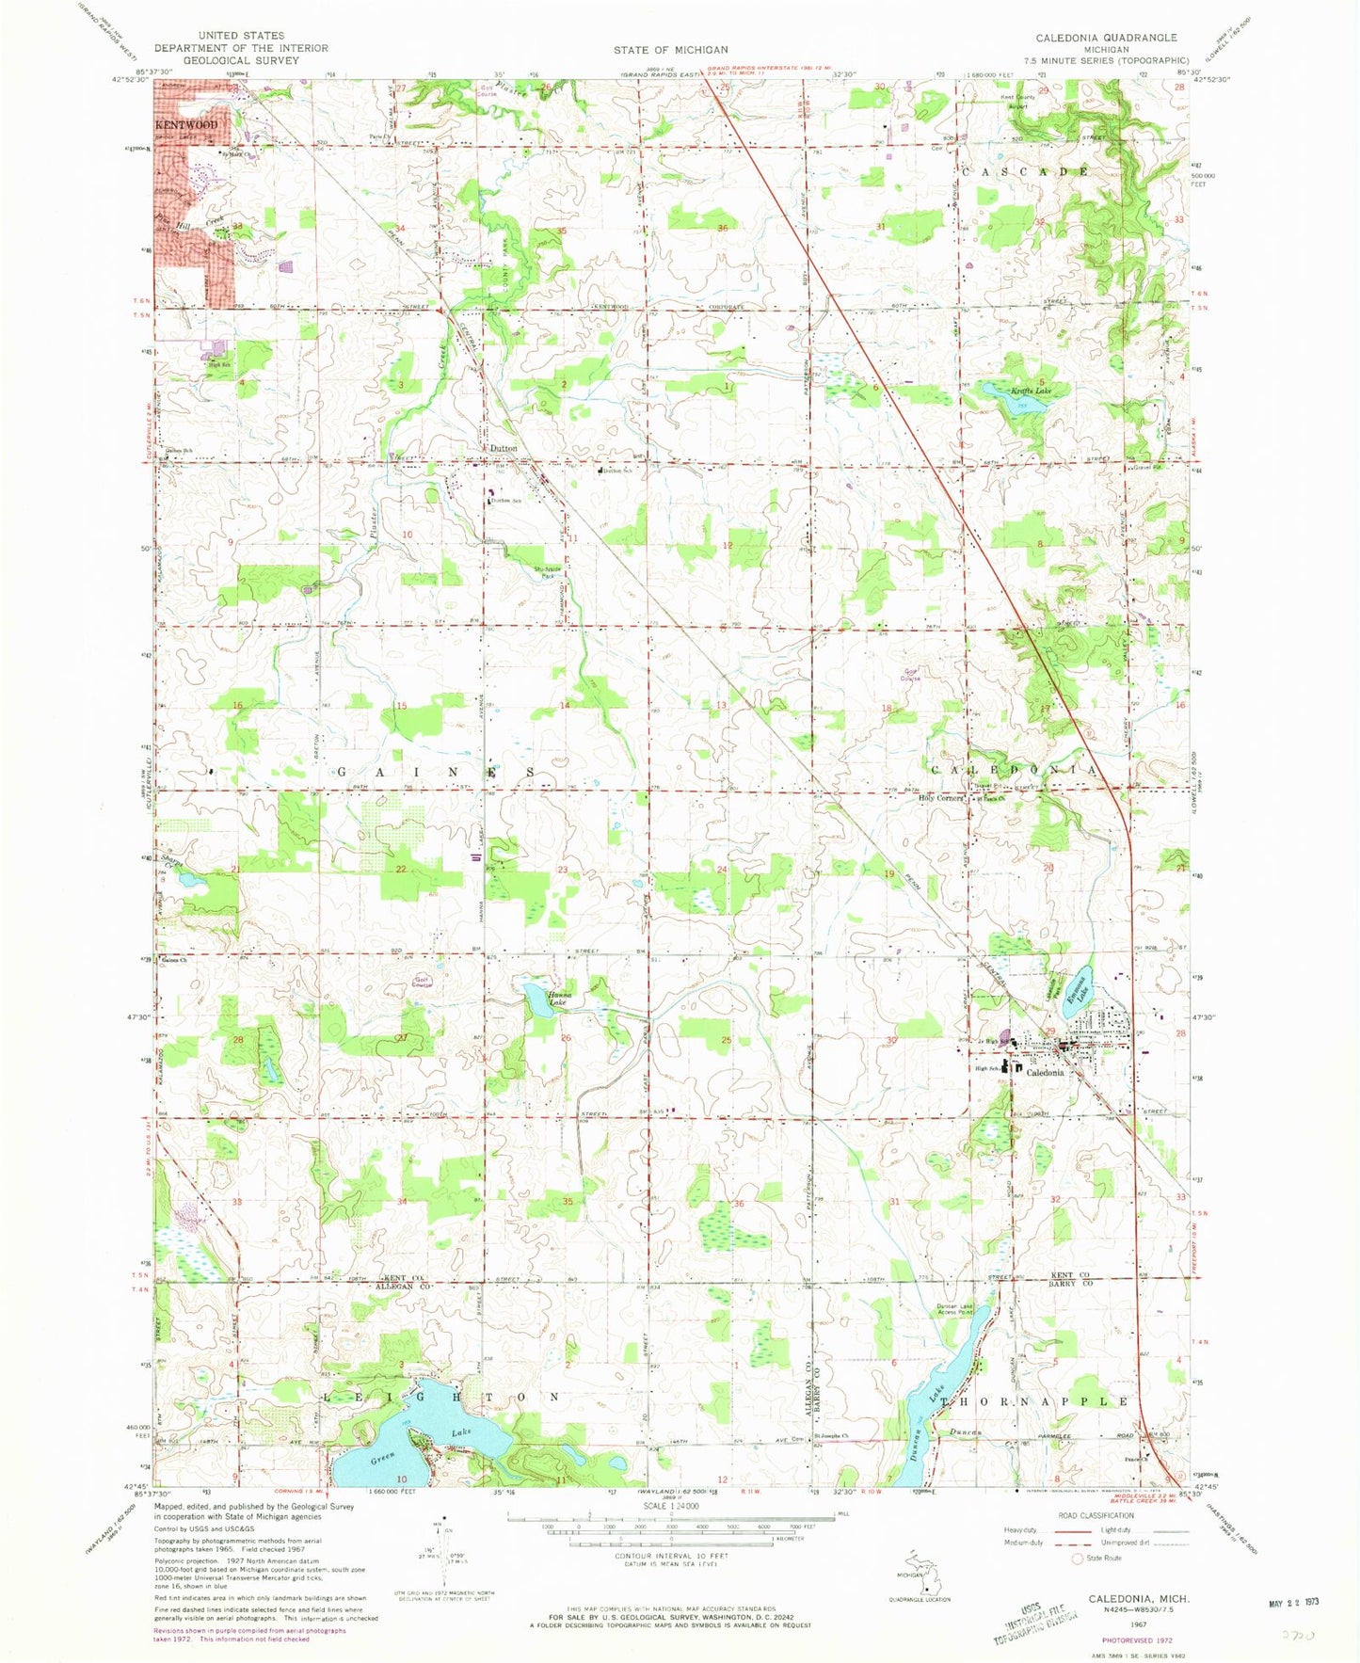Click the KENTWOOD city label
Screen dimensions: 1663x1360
coord(186,125)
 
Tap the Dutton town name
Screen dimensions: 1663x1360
coord(504,449)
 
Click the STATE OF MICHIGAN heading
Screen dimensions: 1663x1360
coord(670,49)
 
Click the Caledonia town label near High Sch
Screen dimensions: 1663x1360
coord(1045,1072)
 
